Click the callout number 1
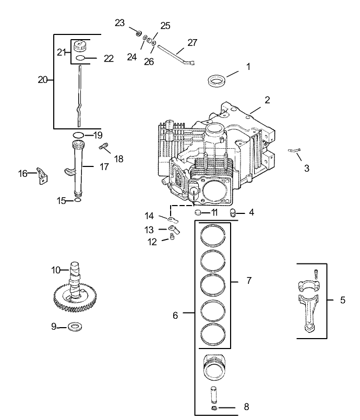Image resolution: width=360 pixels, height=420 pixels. pos(248,67)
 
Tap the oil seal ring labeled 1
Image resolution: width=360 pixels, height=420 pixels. pos(218,80)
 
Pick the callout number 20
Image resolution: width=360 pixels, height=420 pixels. pos(43,79)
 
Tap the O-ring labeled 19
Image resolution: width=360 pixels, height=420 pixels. pos(77,135)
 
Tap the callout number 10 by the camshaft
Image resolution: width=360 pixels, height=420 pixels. pos(56,270)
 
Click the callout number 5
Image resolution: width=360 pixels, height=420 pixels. pos(342,300)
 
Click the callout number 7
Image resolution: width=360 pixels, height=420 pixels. pos(249,281)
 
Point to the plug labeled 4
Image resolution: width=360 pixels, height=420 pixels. pos(234,212)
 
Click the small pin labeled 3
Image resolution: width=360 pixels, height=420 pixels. pos(294,151)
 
